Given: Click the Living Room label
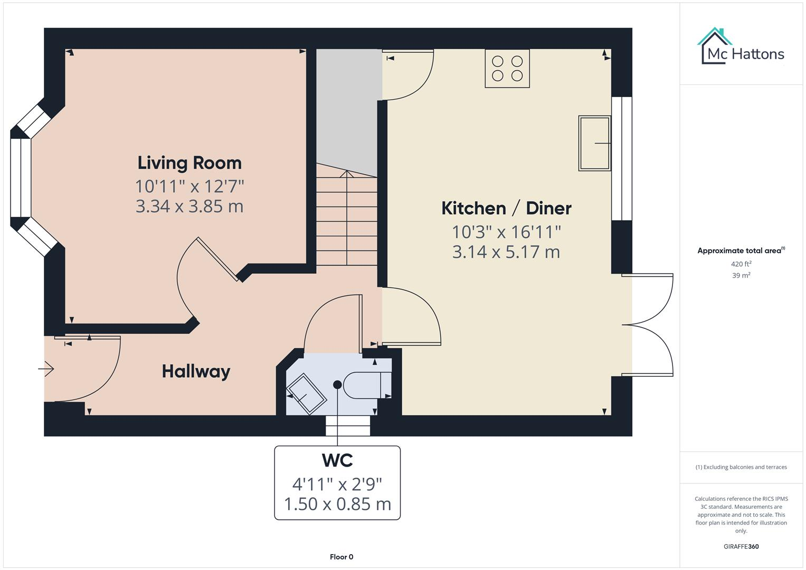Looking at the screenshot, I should point(189,163).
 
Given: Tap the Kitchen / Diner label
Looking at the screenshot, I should point(506,208).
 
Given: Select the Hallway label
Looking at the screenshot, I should point(196,372).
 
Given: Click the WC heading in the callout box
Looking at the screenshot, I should point(337,461).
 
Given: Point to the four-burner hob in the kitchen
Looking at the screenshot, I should point(507,69).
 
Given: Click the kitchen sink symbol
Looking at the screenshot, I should point(594,143).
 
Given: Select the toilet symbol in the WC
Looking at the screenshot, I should point(366,385).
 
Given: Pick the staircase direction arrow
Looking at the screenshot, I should point(346,174).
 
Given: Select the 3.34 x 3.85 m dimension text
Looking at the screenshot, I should point(189,206).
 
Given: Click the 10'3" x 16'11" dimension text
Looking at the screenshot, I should point(506,232).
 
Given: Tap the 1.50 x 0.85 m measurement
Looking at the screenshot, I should point(337,504).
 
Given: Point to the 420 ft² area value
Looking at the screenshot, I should point(741,264).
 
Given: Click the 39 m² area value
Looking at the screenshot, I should point(741,275).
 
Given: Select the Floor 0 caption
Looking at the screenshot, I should point(342,557).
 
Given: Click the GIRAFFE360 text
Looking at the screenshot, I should point(741,546).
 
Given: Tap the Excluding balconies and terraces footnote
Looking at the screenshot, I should point(741,467).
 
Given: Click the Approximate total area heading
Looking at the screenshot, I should point(740,251).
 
